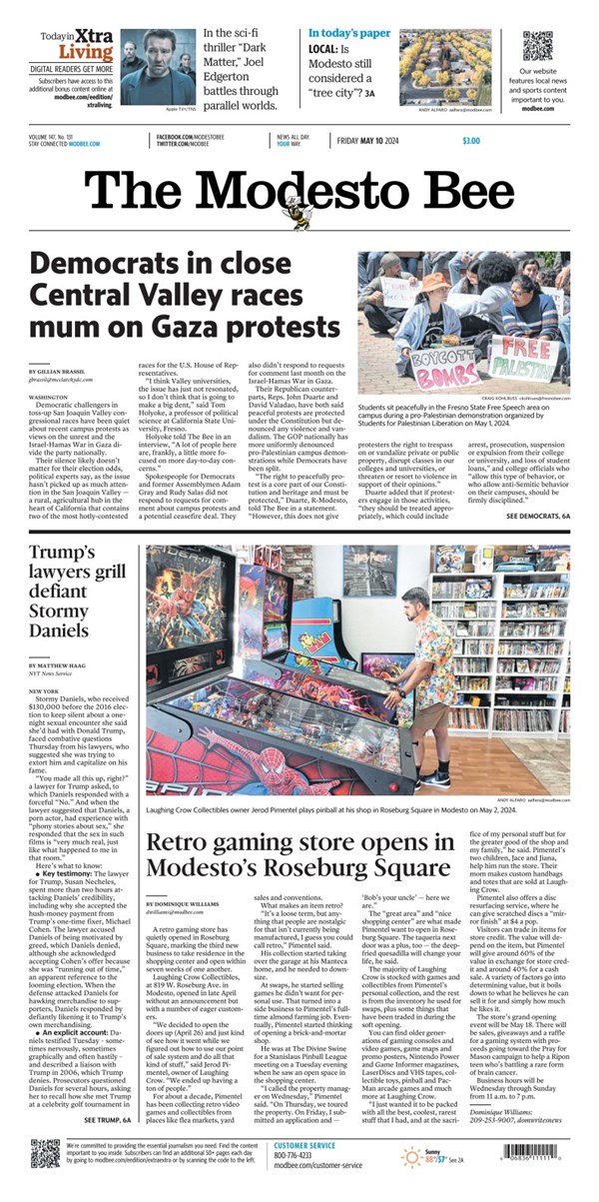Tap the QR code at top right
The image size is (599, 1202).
click(x=537, y=46)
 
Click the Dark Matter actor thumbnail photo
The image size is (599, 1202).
click(x=158, y=53)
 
